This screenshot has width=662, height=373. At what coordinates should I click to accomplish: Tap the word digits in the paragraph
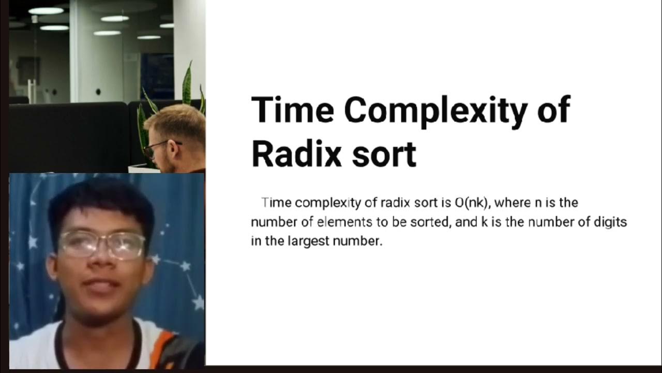[610, 222]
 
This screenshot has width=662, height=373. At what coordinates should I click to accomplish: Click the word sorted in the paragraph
[432, 222]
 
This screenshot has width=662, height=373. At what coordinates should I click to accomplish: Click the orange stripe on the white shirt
[164, 342]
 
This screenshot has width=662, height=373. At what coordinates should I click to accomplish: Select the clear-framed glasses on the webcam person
[101, 245]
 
